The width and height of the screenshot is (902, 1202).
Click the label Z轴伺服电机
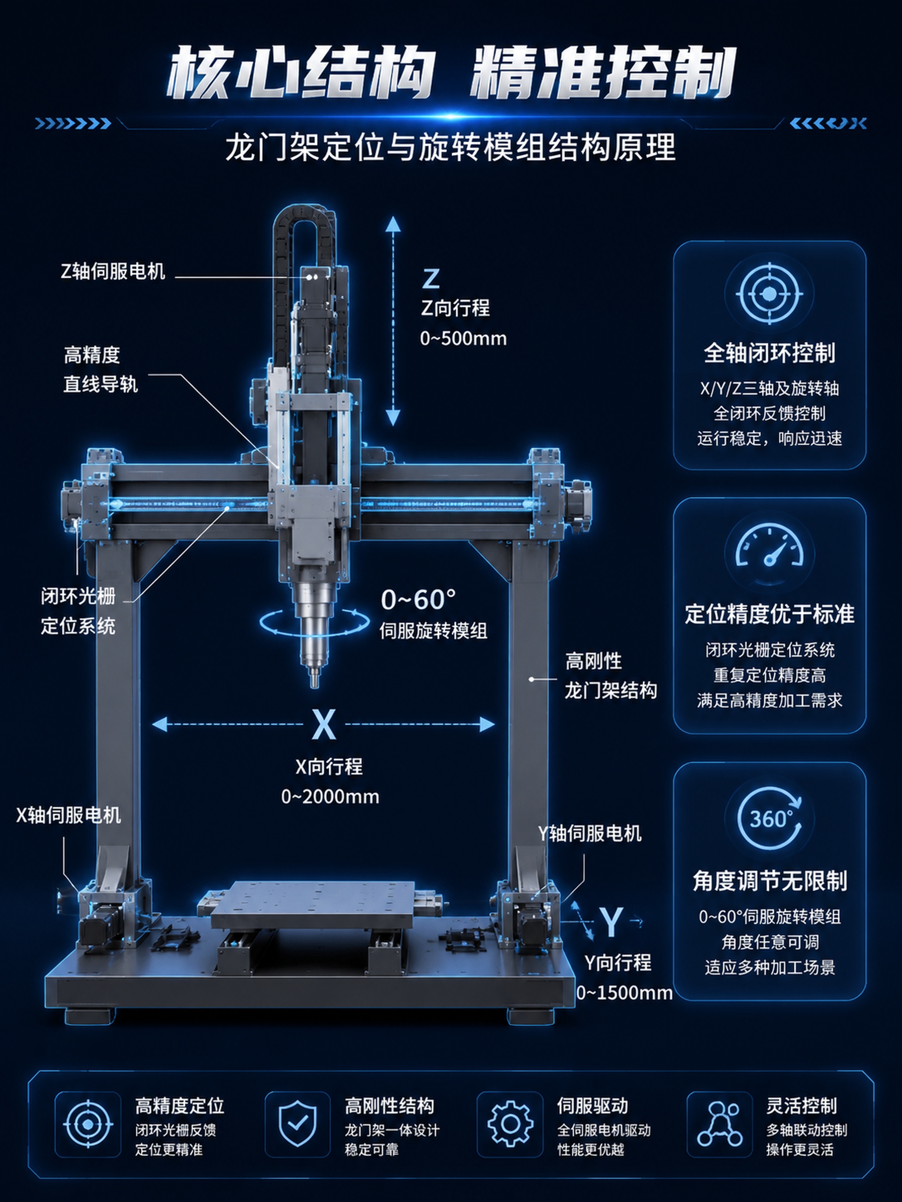[x=113, y=271]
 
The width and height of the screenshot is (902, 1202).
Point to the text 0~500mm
[x=463, y=338]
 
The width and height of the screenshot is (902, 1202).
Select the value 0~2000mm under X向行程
[x=330, y=797]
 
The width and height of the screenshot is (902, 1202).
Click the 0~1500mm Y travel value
[x=625, y=993]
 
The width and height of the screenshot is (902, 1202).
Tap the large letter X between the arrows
[x=324, y=724]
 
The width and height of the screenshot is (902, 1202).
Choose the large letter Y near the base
[x=612, y=922]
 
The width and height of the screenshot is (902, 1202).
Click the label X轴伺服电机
[x=69, y=815]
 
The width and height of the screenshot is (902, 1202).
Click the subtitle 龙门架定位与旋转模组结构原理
[x=451, y=147]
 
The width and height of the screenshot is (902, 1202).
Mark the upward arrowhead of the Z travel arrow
[x=392, y=224]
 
